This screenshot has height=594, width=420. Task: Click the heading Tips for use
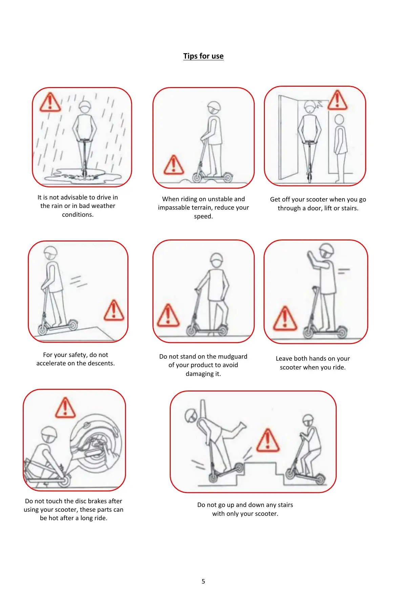tap(203, 56)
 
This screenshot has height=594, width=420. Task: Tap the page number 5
tap(203, 581)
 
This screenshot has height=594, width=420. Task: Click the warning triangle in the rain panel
tap(50, 102)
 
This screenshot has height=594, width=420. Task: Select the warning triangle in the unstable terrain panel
tap(173, 165)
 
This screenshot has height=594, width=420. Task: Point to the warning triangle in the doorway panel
tap(337, 100)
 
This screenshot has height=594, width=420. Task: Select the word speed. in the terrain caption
tap(203, 216)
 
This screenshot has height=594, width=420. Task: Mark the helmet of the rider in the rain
tap(85, 105)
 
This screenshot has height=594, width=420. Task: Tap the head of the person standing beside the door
tap(339, 120)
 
